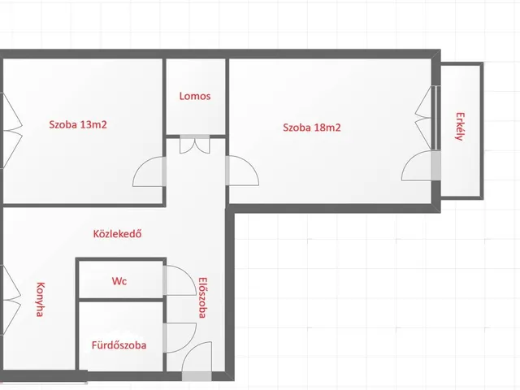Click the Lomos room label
(x=195, y=96)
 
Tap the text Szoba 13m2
(x=78, y=124)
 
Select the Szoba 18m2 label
(x=312, y=128)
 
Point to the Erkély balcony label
(x=460, y=127)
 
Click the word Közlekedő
(x=117, y=234)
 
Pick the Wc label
(x=119, y=281)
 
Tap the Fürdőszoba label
(x=119, y=345)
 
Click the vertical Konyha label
(x=40, y=300)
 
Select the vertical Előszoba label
(x=202, y=298)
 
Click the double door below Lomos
(x=195, y=145)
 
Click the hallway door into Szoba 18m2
(x=242, y=171)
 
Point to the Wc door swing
(x=180, y=280)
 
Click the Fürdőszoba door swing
(x=180, y=338)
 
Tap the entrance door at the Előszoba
(x=197, y=361)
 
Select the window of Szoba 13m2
(x=11, y=130)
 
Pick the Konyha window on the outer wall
(x=11, y=300)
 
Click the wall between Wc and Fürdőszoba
(x=121, y=300)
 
